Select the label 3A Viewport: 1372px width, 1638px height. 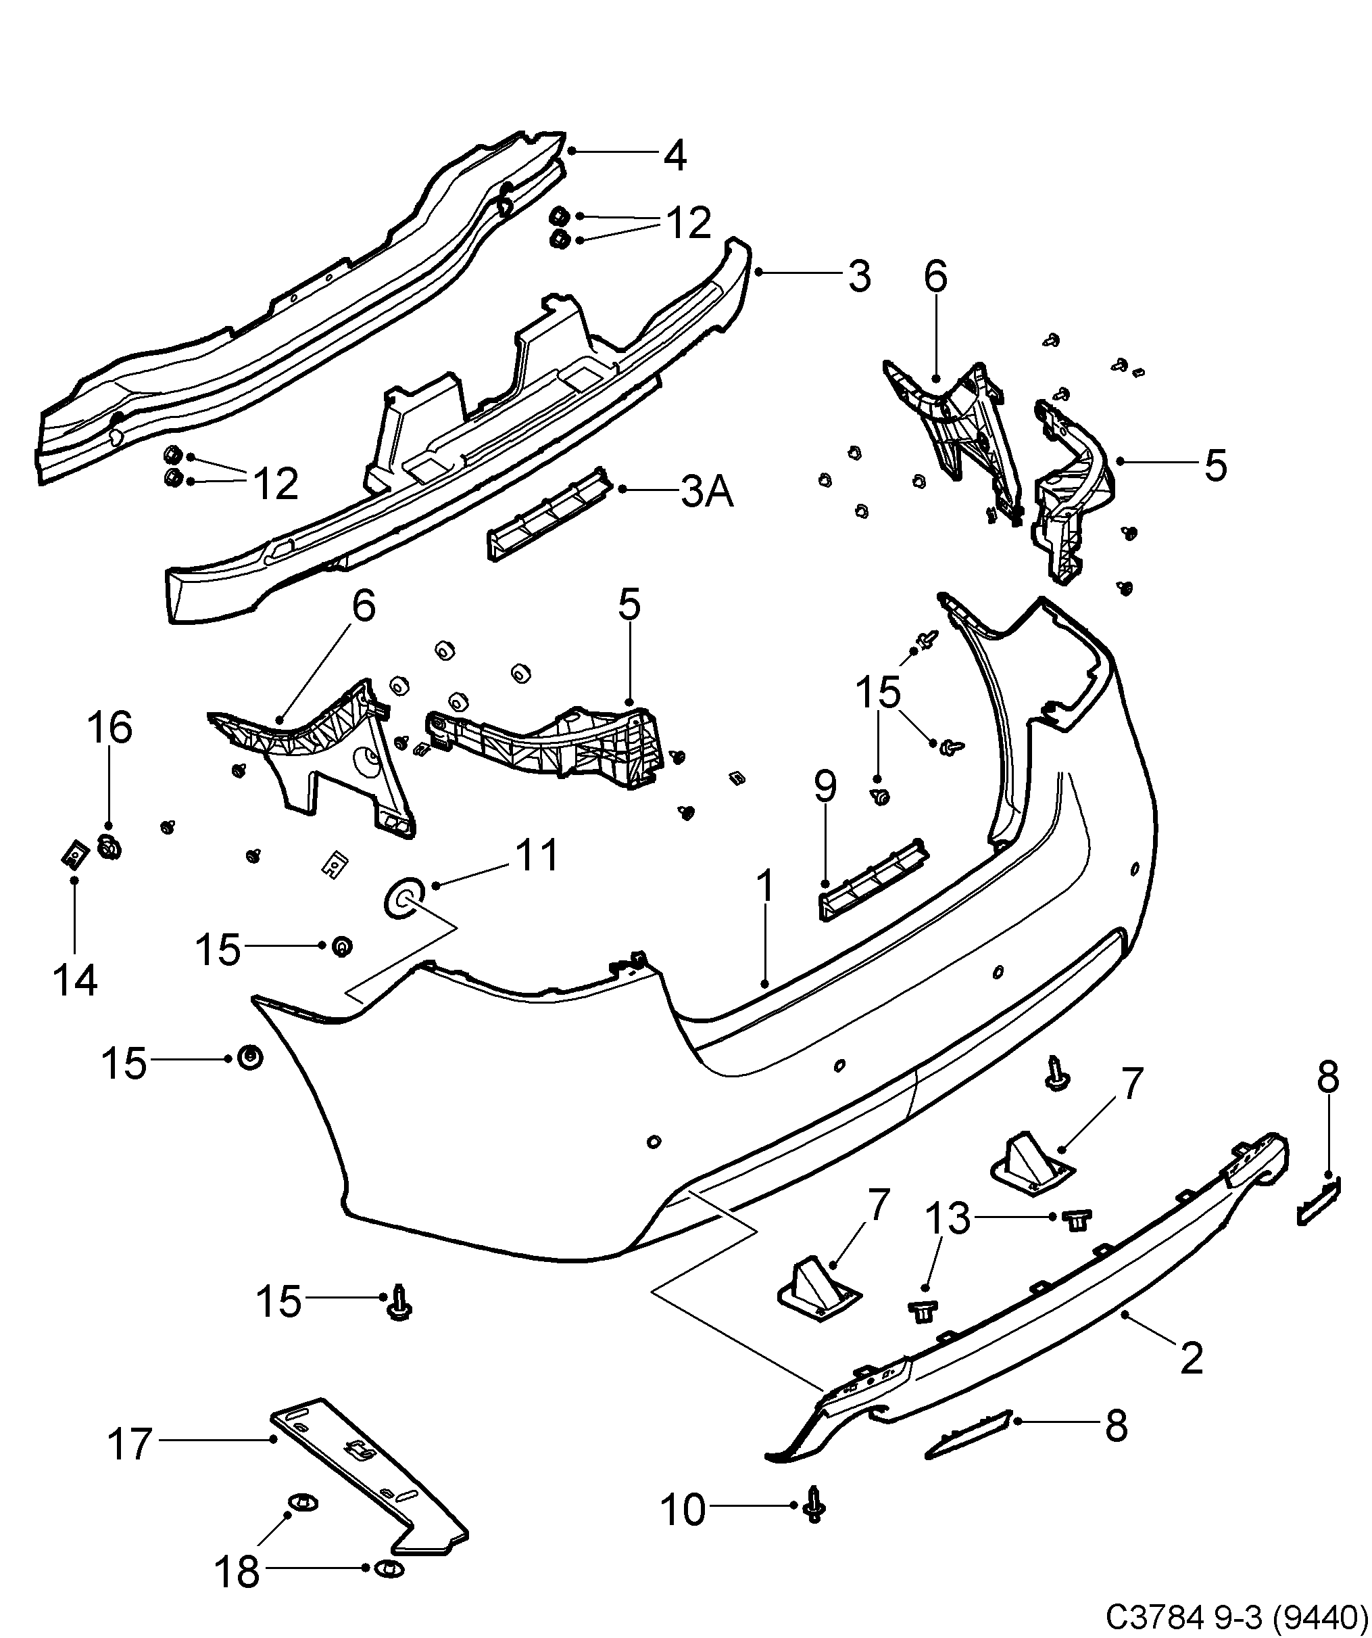point(707,492)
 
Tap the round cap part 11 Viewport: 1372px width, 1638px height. point(403,900)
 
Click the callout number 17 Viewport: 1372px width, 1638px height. point(129,1445)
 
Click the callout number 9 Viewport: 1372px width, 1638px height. point(825,787)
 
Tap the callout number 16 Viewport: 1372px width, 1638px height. point(109,728)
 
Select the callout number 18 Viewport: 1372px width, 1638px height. point(238,1572)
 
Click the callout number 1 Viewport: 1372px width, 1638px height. point(766,889)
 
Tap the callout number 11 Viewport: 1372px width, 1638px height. point(537,856)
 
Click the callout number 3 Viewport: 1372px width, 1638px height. point(858,277)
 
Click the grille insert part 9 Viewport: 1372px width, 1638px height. point(873,881)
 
